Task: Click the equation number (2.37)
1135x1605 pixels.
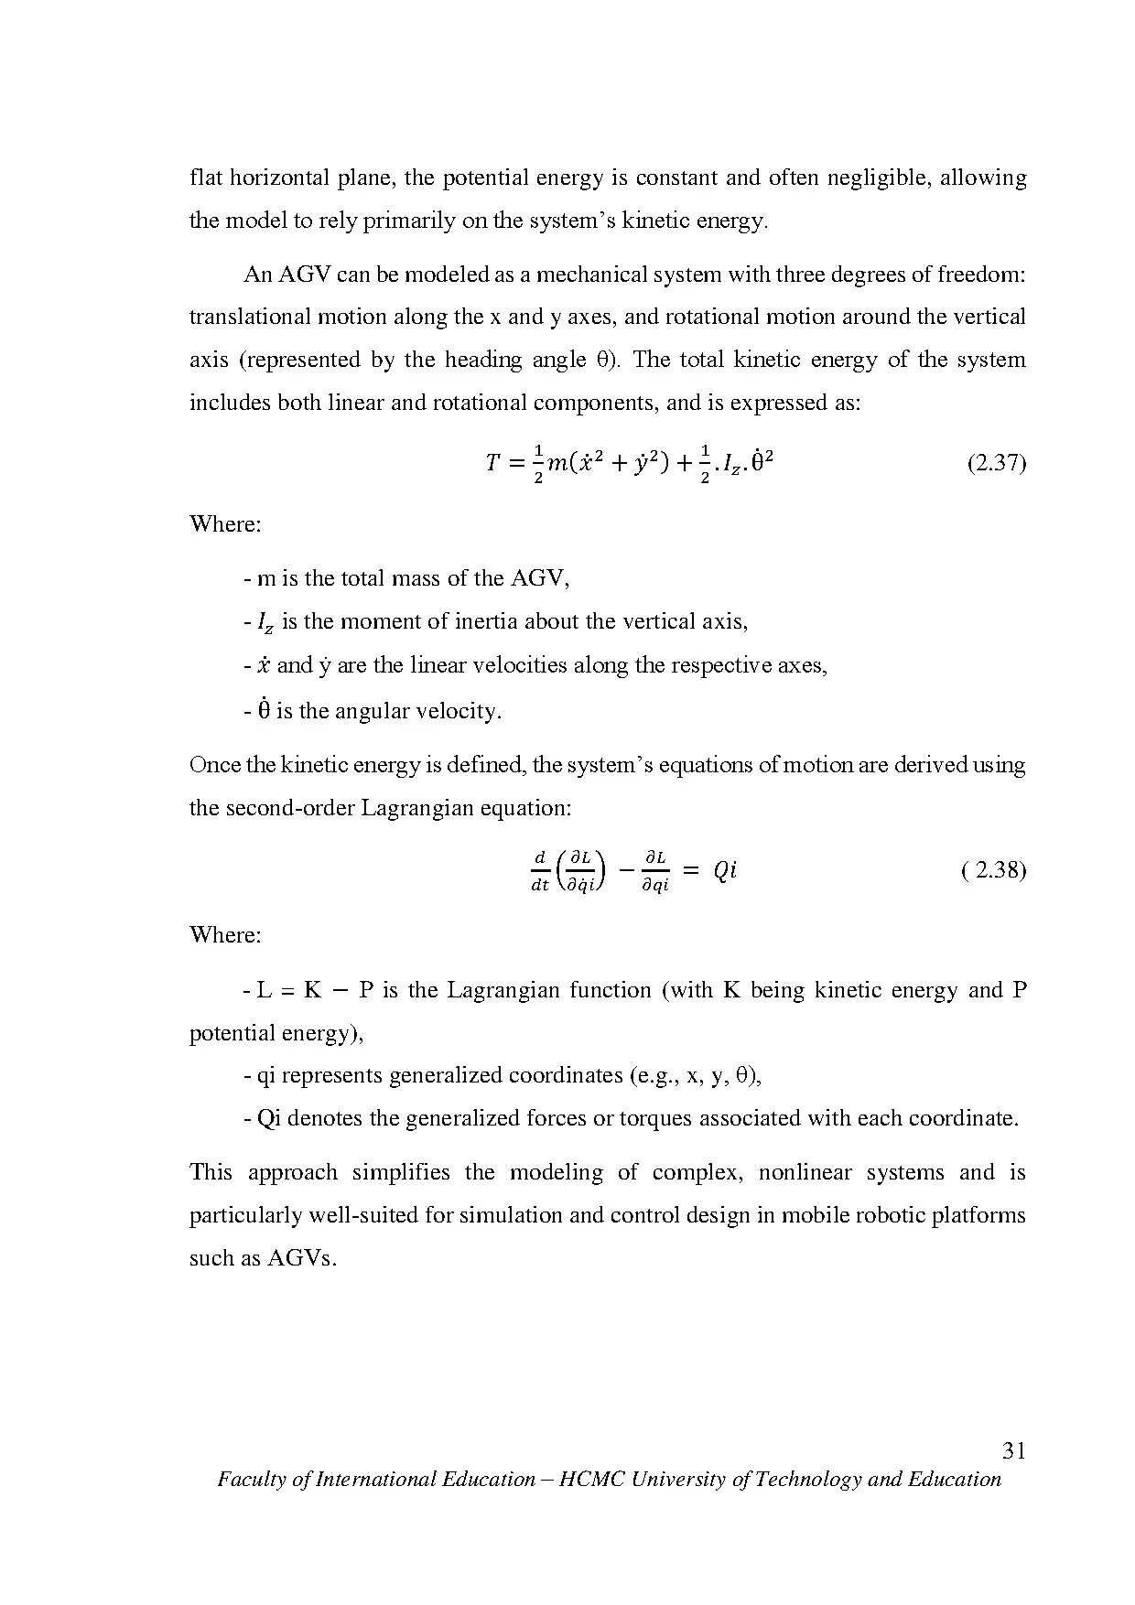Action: [x=996, y=464]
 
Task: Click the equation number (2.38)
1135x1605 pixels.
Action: [x=994, y=870]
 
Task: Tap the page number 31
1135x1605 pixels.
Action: [x=1013, y=1450]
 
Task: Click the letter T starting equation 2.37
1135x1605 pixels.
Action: [x=493, y=464]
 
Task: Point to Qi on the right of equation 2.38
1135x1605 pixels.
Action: [x=725, y=871]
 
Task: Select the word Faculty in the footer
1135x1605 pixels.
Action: [x=249, y=1480]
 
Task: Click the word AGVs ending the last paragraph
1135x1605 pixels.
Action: [x=302, y=1259]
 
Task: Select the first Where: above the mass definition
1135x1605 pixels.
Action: [x=225, y=525]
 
